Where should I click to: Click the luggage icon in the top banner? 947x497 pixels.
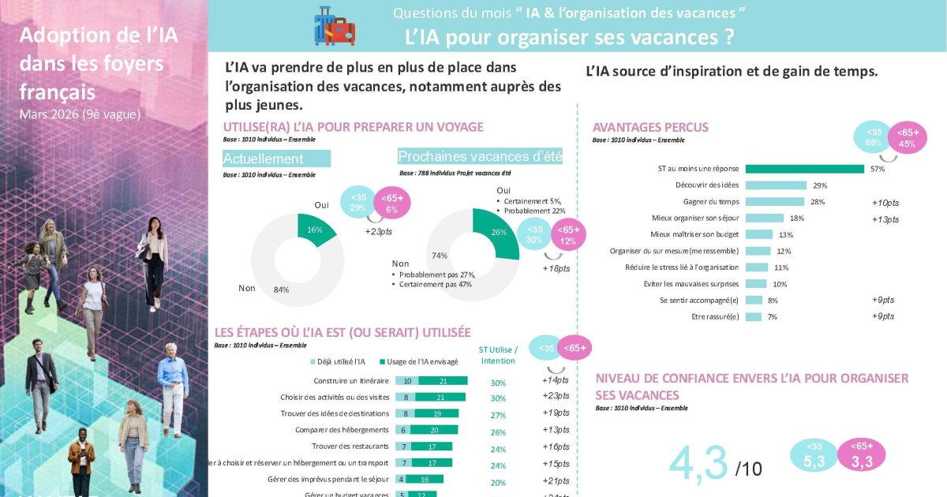click(x=335, y=26)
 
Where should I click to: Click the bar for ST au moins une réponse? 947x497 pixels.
click(x=804, y=168)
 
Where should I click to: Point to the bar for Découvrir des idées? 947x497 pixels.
click(x=776, y=185)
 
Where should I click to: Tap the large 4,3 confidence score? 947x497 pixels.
click(x=698, y=465)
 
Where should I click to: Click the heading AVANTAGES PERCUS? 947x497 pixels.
click(x=650, y=127)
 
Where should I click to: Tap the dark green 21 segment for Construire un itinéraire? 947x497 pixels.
click(x=443, y=381)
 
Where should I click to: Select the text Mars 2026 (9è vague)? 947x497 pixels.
click(x=80, y=114)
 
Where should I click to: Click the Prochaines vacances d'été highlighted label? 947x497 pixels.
click(x=480, y=156)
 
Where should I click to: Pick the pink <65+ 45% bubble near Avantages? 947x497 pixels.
click(x=907, y=139)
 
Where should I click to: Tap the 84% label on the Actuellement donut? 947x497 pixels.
click(x=282, y=290)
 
